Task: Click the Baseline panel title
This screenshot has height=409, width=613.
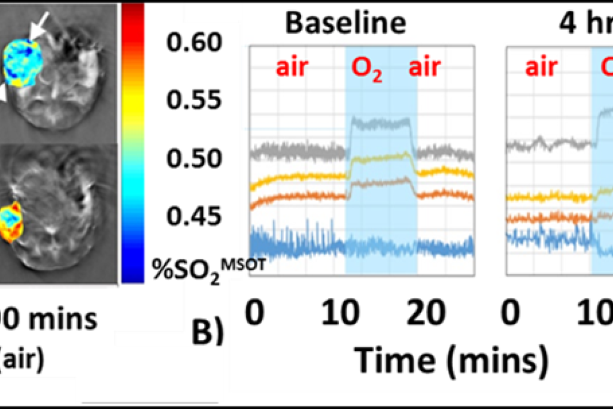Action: pos(345,23)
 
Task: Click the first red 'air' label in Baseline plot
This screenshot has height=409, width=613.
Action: pos(292,67)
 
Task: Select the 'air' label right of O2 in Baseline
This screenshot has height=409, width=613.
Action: pos(424,67)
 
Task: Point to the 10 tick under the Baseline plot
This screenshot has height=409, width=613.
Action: pos(342,314)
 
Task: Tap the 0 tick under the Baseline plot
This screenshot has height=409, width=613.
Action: pos(254,314)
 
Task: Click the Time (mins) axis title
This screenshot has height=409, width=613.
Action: pos(452,359)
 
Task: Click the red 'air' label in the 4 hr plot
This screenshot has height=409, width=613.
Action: pos(541,67)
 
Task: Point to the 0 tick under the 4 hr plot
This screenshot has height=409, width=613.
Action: pos(509,314)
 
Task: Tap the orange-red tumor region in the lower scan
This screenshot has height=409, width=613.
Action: pos(11,222)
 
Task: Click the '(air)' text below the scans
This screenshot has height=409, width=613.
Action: pos(21,362)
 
